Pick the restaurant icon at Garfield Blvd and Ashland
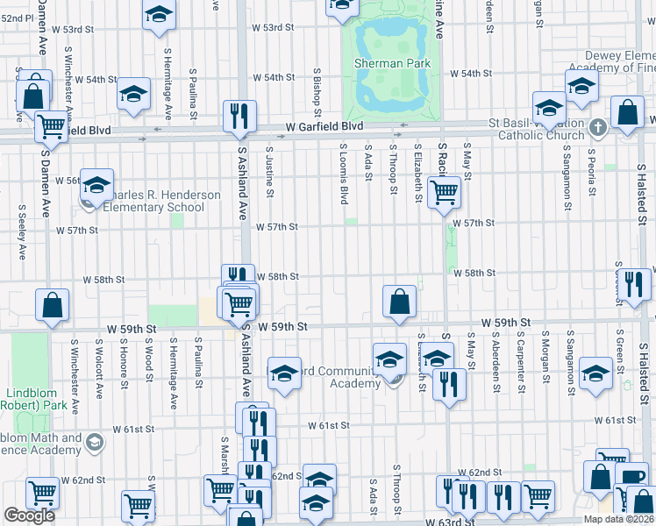[x=239, y=116]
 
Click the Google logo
[x=29, y=515]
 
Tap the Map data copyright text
[x=618, y=519]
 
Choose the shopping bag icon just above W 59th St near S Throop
[x=399, y=301]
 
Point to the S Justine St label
[x=268, y=172]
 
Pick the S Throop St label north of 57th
[x=394, y=170]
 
